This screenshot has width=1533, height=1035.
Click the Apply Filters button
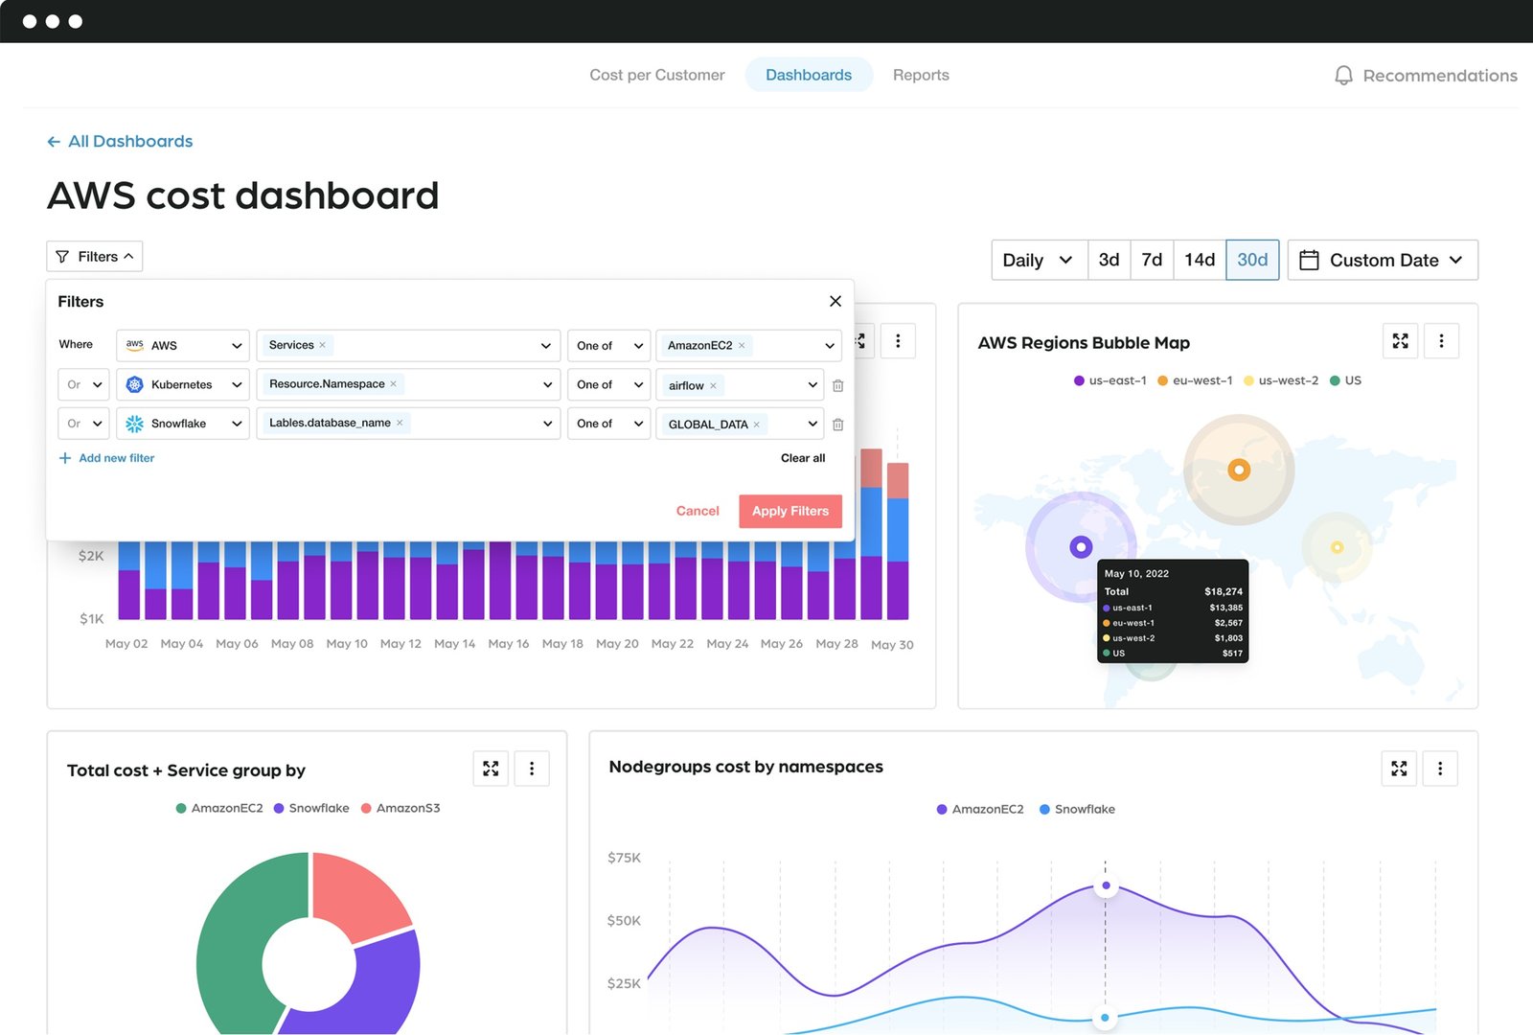pyautogui.click(x=789, y=511)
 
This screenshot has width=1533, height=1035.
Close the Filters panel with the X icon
pyautogui.click(x=835, y=301)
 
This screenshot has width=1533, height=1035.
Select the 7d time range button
pyautogui.click(x=1152, y=260)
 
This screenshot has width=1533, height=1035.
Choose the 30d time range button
pyautogui.click(x=1251, y=260)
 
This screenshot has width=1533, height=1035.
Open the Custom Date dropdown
pyautogui.click(x=1382, y=260)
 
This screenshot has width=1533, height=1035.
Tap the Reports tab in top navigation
pyautogui.click(x=920, y=75)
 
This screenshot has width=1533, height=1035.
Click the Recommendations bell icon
pyautogui.click(x=1343, y=76)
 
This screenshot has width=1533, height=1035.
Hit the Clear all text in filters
pyautogui.click(x=802, y=458)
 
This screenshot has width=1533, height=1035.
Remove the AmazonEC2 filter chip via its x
pyautogui.click(x=742, y=346)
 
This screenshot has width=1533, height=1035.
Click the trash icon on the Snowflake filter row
pyautogui.click(x=837, y=424)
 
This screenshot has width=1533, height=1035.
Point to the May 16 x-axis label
pyautogui.click(x=508, y=644)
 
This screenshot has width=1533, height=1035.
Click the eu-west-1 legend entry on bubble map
pyautogui.click(x=1195, y=380)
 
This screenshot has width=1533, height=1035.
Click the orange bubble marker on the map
pyautogui.click(x=1239, y=470)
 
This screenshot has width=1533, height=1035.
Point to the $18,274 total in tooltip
pyautogui.click(x=1223, y=591)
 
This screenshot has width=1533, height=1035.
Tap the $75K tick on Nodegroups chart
pyautogui.click(x=624, y=858)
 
